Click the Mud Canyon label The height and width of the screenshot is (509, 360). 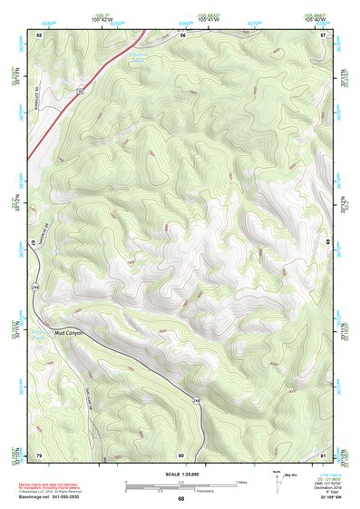pos(70,332)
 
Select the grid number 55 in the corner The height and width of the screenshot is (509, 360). pos(39,34)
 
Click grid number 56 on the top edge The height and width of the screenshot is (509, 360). pos(181,34)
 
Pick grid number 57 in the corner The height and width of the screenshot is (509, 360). pos(324,34)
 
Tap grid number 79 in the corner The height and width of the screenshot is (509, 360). pos(39,454)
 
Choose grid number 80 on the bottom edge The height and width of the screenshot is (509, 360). pos(181,454)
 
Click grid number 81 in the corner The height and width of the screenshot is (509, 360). pos(324,454)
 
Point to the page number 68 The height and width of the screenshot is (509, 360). pos(181,498)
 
